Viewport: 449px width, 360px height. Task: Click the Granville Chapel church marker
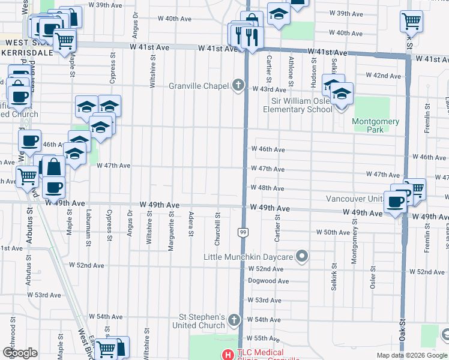pyautogui.click(x=238, y=85)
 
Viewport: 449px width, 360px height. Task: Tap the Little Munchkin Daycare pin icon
pyautogui.click(x=302, y=257)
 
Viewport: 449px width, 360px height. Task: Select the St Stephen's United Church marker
pyautogui.click(x=234, y=321)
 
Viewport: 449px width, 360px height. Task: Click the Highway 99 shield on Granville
pyautogui.click(x=243, y=232)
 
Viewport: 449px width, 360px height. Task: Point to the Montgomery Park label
pyautogui.click(x=376, y=125)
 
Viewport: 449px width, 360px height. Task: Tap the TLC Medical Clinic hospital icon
pyautogui.click(x=228, y=355)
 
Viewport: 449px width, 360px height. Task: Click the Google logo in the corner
pyautogui.click(x=20, y=353)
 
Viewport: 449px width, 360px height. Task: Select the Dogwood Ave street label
pyautogui.click(x=268, y=281)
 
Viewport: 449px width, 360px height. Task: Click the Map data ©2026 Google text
pyautogui.click(x=412, y=355)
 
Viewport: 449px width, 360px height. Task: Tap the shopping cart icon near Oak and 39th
pyautogui.click(x=412, y=21)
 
